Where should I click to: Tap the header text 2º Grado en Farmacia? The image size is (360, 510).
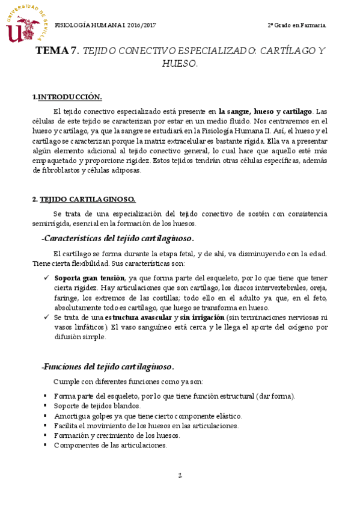click(297, 25)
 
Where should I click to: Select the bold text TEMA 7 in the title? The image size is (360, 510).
click(58, 51)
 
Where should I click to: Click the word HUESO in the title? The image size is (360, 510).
click(180, 63)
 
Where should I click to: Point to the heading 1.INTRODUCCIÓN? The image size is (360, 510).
click(67, 97)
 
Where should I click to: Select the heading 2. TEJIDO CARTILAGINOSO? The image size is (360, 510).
click(84, 200)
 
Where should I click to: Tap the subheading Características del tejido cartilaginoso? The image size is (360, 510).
click(118, 238)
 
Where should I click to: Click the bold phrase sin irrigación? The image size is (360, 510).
click(201, 317)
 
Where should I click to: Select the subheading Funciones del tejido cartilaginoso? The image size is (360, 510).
click(108, 366)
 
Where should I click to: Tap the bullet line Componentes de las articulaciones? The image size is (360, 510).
click(110, 445)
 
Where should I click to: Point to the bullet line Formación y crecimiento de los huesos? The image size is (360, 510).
click(117, 435)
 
